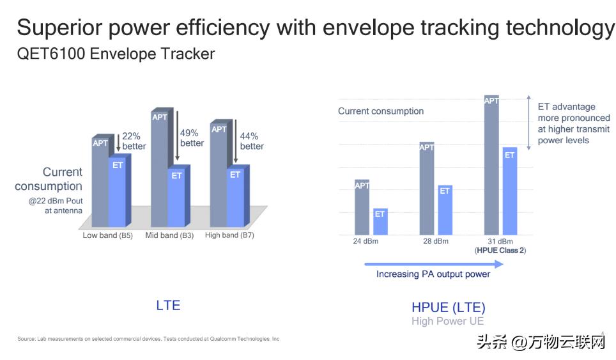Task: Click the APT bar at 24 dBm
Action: pos(362,207)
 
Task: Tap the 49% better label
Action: pos(192,138)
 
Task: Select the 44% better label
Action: pos(252,141)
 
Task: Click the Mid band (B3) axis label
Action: pos(169,235)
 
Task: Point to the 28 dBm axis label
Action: pos(435,241)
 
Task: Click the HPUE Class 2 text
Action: pos(500,251)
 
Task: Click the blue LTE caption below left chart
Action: pos(168,305)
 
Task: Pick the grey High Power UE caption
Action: pos(447,321)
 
